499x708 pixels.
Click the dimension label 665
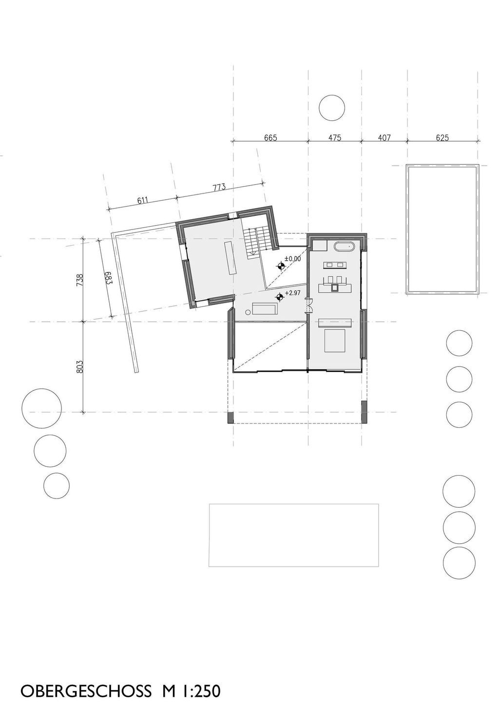tap(270, 138)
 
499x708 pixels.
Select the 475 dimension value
tap(334, 138)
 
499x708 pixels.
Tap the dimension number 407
tap(384, 138)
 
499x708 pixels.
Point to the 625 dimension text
tap(442, 138)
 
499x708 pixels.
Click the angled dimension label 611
tap(142, 200)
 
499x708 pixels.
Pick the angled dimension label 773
tap(218, 187)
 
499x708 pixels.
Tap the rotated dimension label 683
tap(108, 277)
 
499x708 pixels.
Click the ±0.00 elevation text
tap(292, 259)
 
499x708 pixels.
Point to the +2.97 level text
tap(292, 293)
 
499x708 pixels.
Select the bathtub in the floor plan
tap(344, 246)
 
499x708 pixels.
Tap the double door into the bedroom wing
tap(307, 306)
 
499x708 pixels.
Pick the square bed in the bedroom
tap(335, 340)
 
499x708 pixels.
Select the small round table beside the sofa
tap(248, 311)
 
